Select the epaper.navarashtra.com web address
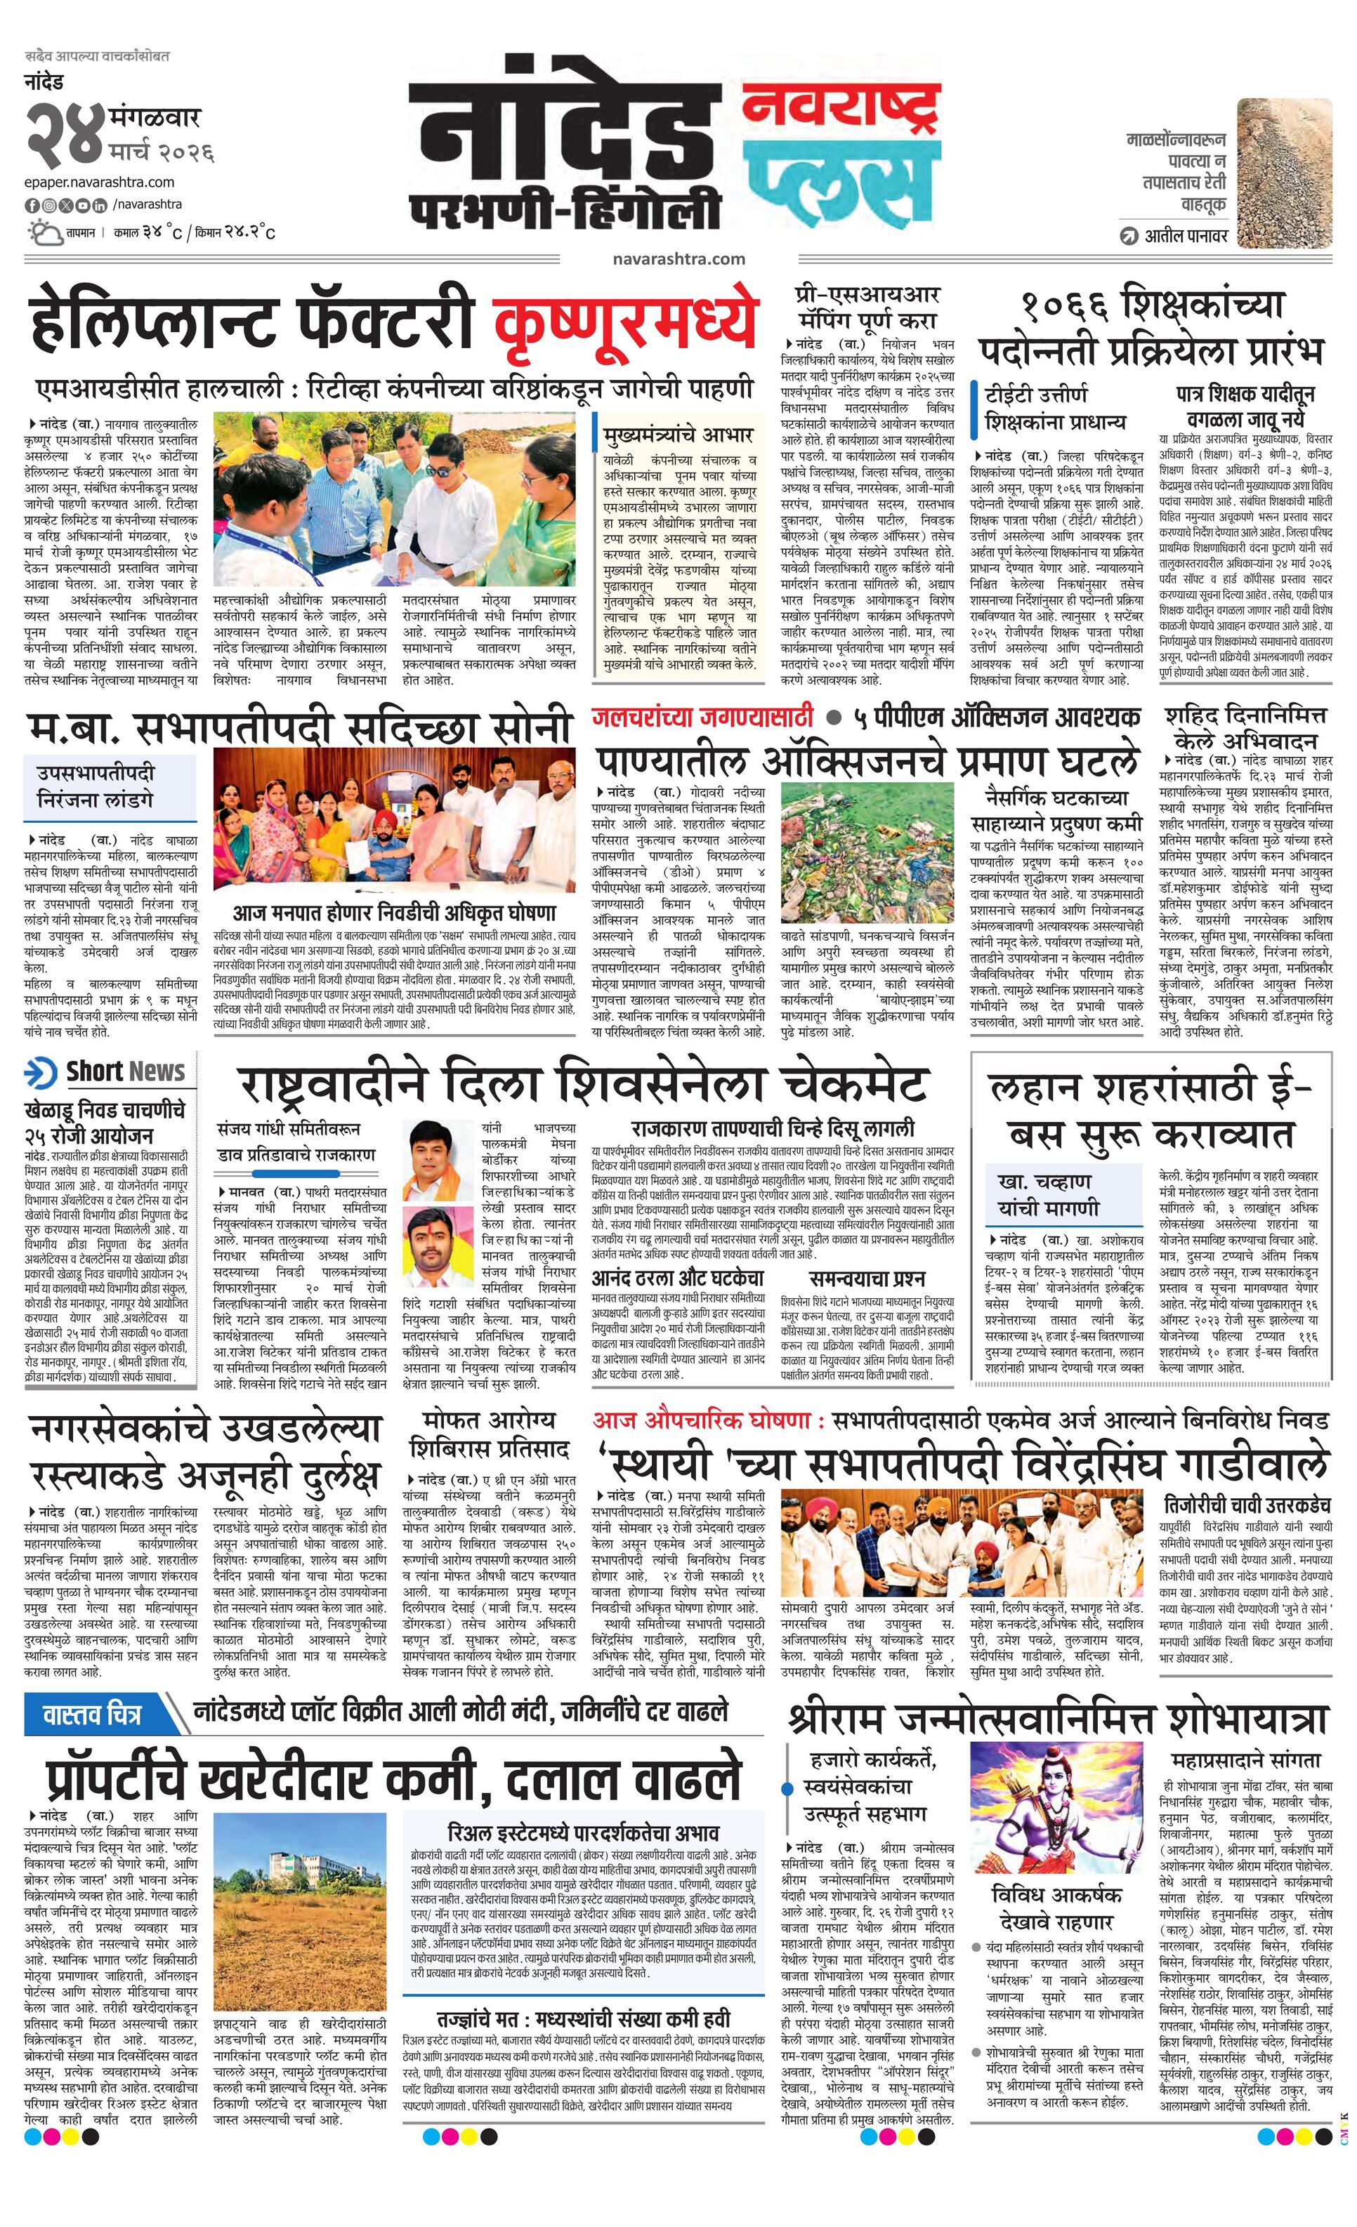[100, 182]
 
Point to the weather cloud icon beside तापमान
[42, 233]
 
